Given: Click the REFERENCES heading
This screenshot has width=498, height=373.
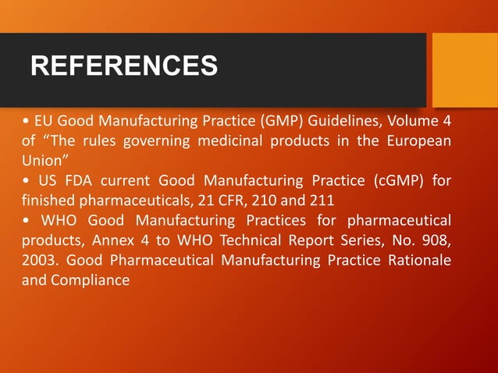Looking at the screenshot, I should click(124, 66).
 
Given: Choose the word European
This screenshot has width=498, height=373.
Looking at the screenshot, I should click(421, 141).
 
